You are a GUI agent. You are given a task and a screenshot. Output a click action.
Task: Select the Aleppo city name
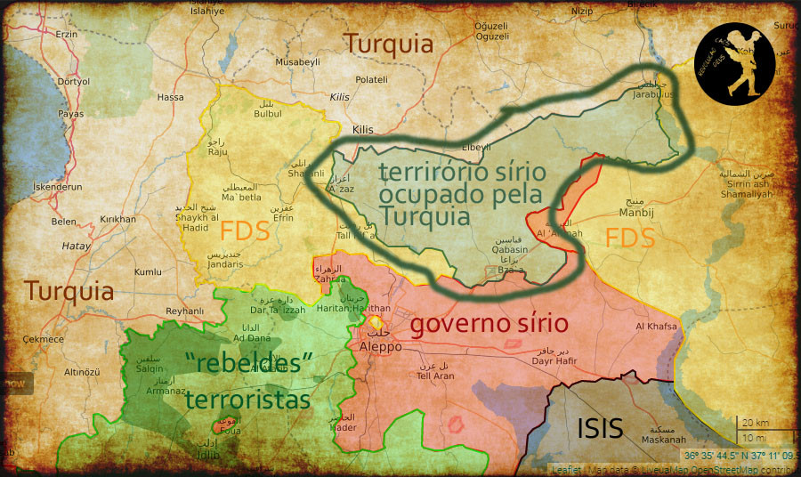(381, 346)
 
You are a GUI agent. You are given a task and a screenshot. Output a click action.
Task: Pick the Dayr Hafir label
(555, 360)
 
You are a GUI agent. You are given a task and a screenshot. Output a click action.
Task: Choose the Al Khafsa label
(656, 327)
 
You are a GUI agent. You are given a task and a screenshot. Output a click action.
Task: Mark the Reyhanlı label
(185, 311)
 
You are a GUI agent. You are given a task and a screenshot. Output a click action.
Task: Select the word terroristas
(247, 400)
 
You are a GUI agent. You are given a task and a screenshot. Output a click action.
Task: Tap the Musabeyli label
(297, 62)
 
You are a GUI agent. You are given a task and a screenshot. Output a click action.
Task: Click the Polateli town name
(371, 80)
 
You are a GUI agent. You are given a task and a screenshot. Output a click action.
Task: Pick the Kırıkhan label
(117, 219)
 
